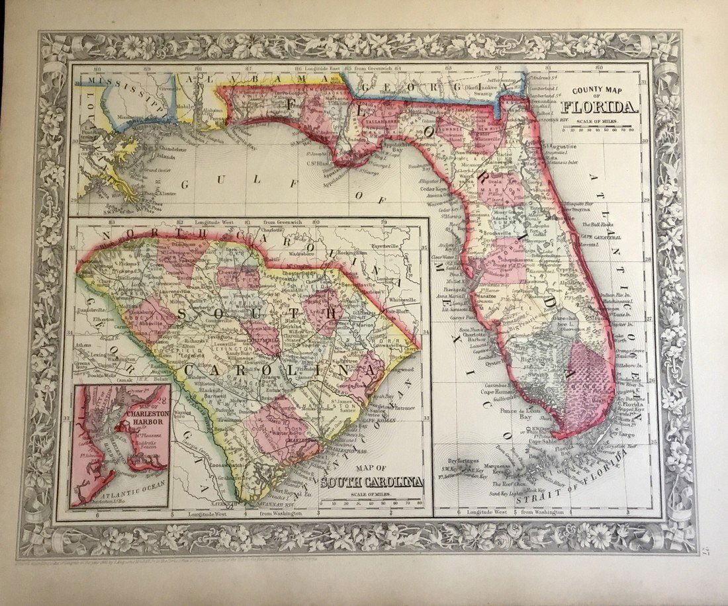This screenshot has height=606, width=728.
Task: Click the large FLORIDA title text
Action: pyautogui.click(x=600, y=107)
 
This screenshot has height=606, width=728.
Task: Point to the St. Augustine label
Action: pyautogui.click(x=559, y=146)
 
